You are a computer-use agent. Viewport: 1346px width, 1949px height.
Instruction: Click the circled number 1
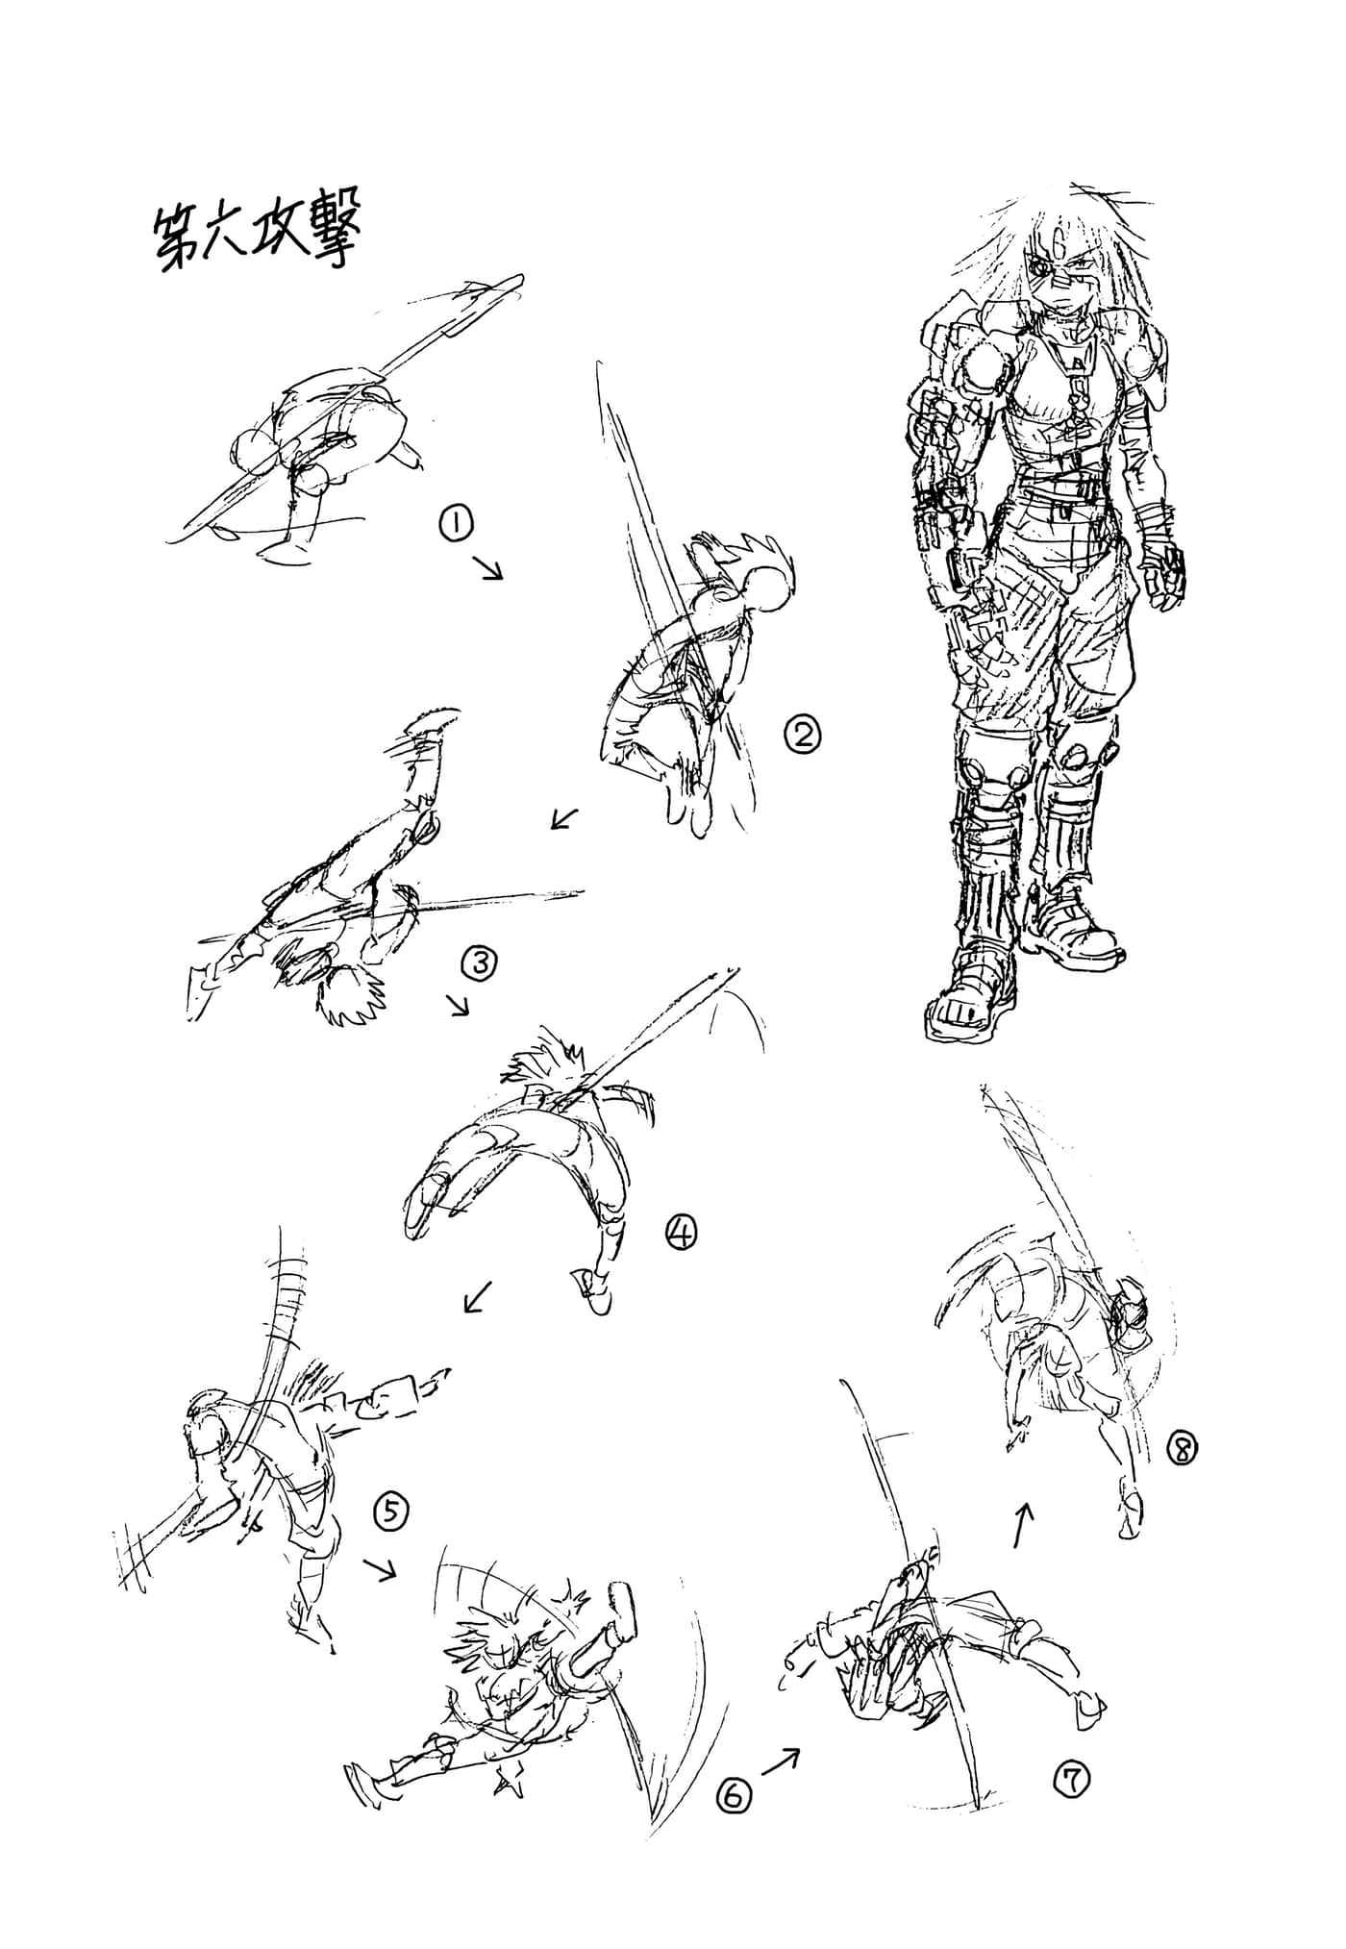[x=455, y=524]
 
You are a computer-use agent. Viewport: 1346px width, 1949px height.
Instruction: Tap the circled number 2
[x=803, y=736]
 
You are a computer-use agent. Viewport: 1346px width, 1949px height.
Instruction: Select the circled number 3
[x=479, y=962]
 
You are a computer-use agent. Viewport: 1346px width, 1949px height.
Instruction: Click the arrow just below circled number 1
[x=488, y=566]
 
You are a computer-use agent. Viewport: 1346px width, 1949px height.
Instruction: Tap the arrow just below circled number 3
[x=460, y=1005]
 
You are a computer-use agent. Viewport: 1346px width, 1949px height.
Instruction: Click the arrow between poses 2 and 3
[x=565, y=817]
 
